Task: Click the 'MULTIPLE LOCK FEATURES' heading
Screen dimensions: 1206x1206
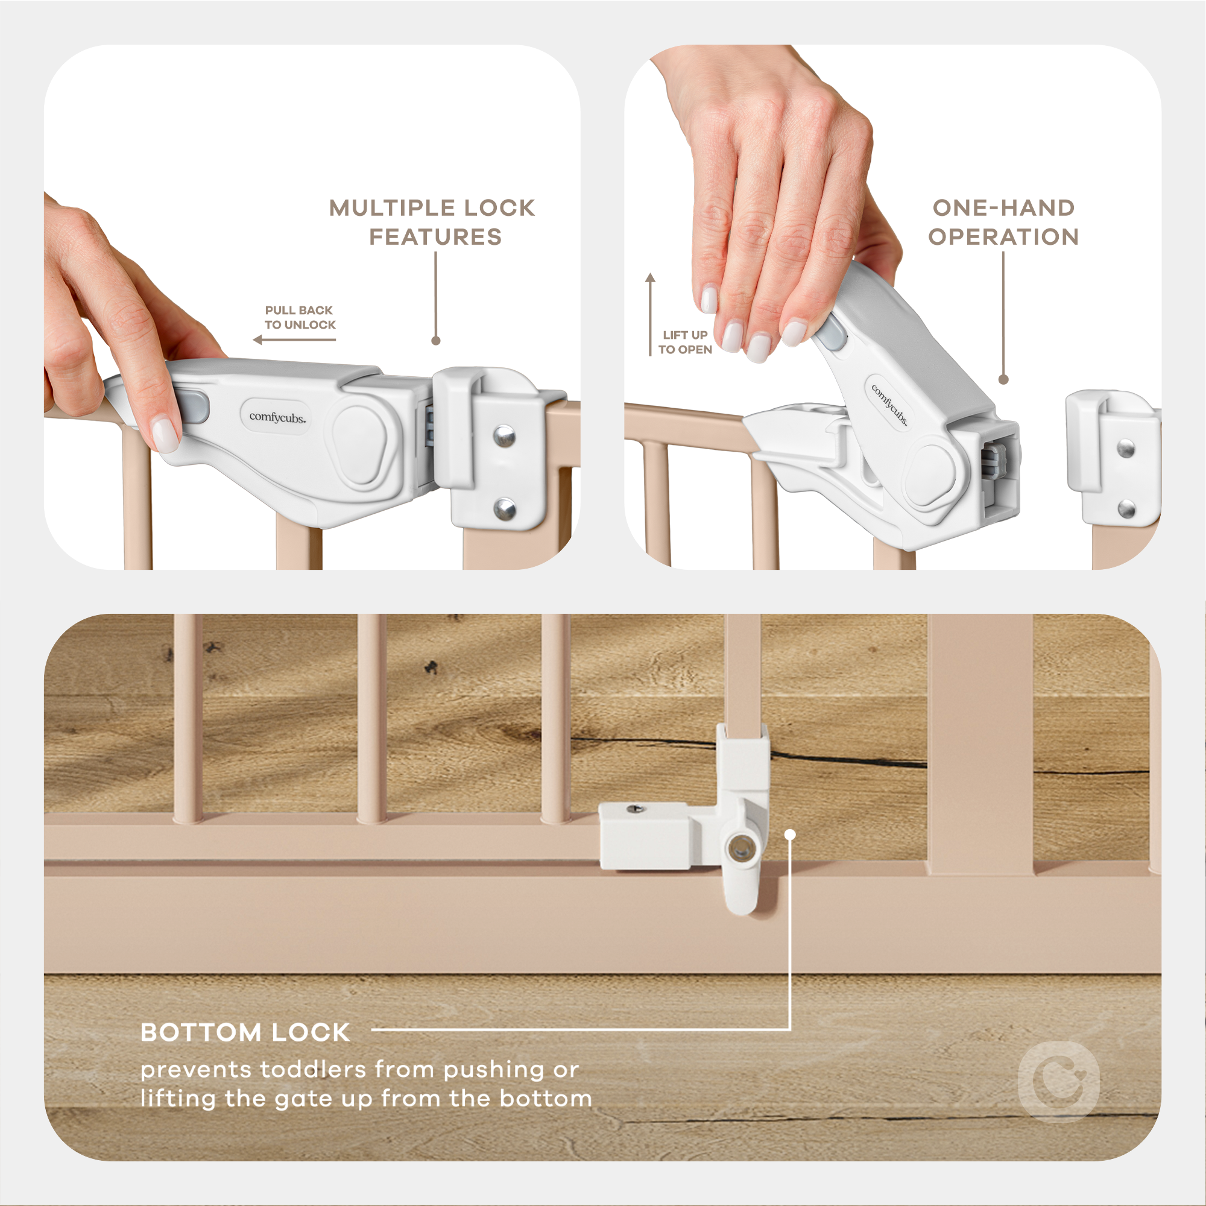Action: [x=432, y=223]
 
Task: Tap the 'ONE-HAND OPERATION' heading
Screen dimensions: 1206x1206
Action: [x=1003, y=223]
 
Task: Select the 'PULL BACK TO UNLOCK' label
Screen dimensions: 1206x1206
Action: [x=300, y=317]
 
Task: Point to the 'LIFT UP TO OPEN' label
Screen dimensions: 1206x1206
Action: [x=685, y=342]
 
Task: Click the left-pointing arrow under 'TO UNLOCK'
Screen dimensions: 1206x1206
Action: [x=294, y=339]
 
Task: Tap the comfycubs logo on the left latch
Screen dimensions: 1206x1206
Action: [x=277, y=417]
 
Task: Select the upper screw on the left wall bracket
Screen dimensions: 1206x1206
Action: [x=504, y=435]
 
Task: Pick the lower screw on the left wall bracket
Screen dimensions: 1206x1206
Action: [x=504, y=509]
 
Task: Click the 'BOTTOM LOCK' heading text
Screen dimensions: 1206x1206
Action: [x=245, y=1032]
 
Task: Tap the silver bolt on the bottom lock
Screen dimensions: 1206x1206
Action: [x=740, y=849]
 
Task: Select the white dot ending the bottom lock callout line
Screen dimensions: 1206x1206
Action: [x=791, y=835]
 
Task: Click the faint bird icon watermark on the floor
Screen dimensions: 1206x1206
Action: [x=1058, y=1082]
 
